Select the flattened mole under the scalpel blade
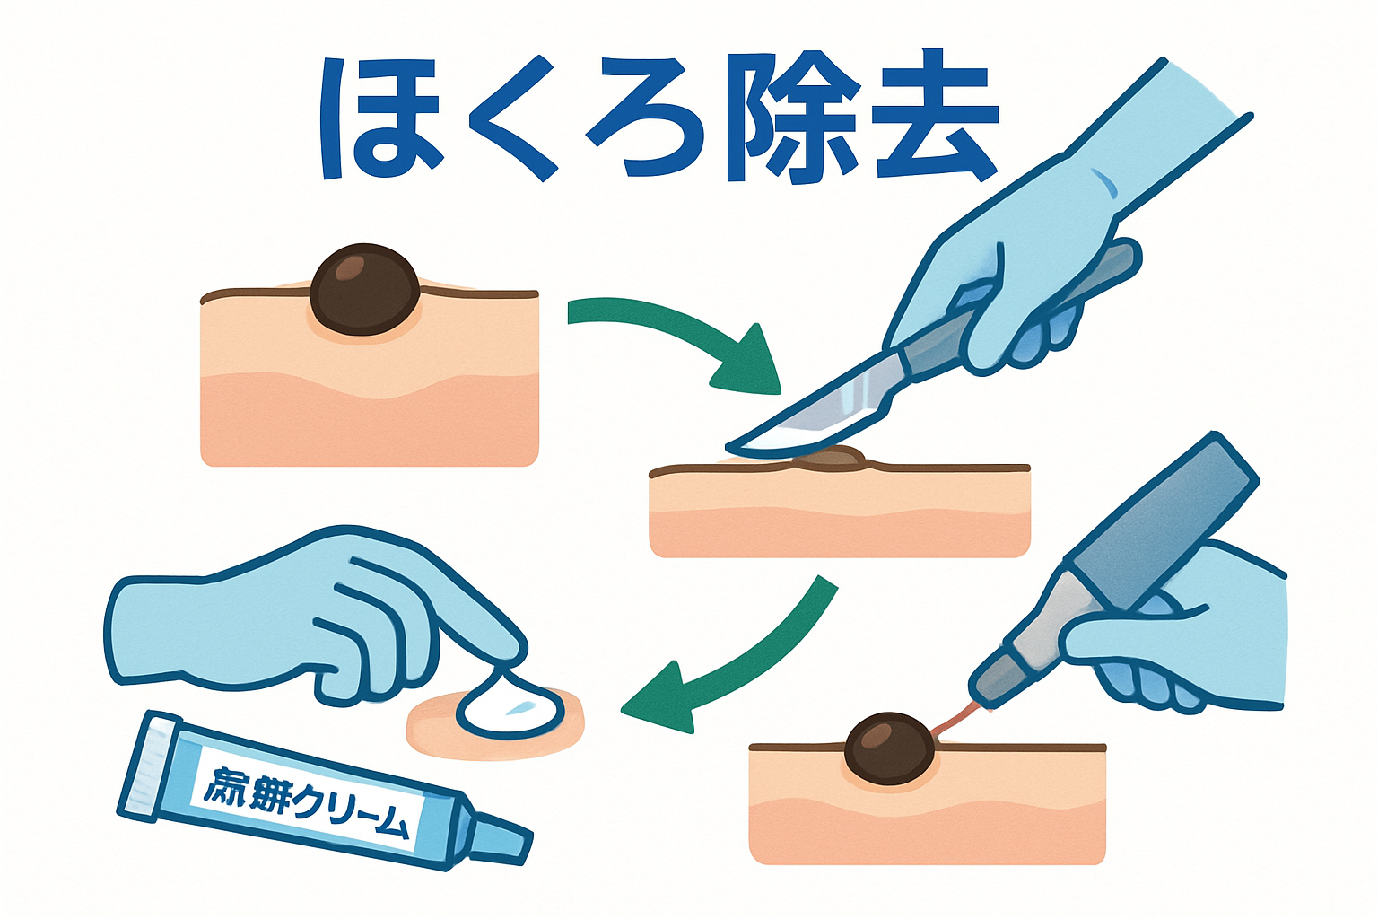pyautogui.click(x=832, y=459)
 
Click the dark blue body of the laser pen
pyautogui.click(x=1166, y=521)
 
